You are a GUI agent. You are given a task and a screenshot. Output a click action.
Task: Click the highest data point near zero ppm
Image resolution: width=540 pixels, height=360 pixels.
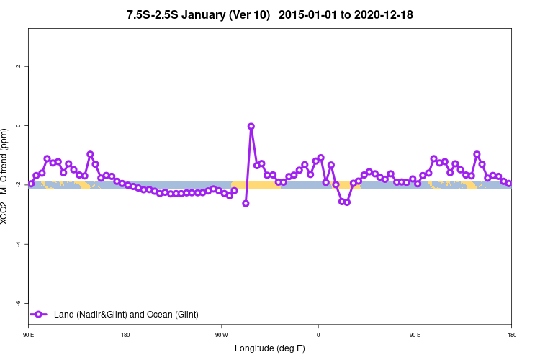click(x=251, y=126)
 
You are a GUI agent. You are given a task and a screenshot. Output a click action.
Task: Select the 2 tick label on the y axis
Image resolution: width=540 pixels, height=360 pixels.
click(x=17, y=66)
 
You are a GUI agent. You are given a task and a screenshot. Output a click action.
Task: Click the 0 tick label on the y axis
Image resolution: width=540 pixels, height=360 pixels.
click(x=17, y=126)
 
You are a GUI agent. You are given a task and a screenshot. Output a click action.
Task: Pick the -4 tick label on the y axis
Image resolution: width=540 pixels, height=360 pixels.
click(x=17, y=244)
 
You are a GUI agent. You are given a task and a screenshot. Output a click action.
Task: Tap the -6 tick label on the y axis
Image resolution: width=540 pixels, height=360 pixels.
click(x=17, y=303)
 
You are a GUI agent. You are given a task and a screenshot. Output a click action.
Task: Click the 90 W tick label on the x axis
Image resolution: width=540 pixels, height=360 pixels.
click(x=221, y=335)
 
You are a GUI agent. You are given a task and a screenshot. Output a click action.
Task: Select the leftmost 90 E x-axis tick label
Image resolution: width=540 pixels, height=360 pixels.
click(x=29, y=335)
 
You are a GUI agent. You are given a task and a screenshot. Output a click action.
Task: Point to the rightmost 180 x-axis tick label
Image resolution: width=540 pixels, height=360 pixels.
click(x=511, y=335)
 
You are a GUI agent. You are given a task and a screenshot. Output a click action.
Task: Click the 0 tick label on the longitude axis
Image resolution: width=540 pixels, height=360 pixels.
click(x=318, y=335)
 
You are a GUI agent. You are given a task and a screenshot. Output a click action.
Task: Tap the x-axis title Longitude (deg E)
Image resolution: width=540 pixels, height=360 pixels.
click(x=270, y=348)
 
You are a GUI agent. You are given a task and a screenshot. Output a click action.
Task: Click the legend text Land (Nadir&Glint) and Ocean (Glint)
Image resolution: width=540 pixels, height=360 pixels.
click(x=126, y=315)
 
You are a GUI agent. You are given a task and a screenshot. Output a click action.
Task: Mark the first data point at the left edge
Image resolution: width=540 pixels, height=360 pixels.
click(x=31, y=184)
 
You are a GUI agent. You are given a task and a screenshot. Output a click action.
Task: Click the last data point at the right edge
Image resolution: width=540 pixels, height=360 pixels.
click(x=509, y=184)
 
